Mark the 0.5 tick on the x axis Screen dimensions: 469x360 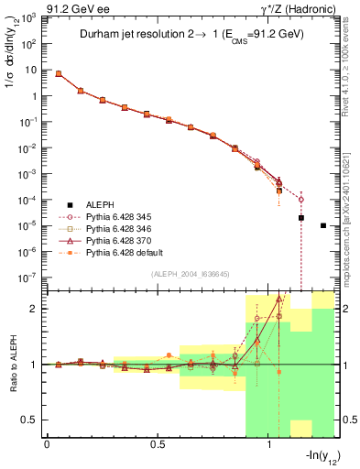pos(158,444)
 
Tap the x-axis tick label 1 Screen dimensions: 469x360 pos(269,444)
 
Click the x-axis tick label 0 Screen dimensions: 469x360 pos(47,444)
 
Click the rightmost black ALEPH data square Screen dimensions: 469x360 pos(323,225)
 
